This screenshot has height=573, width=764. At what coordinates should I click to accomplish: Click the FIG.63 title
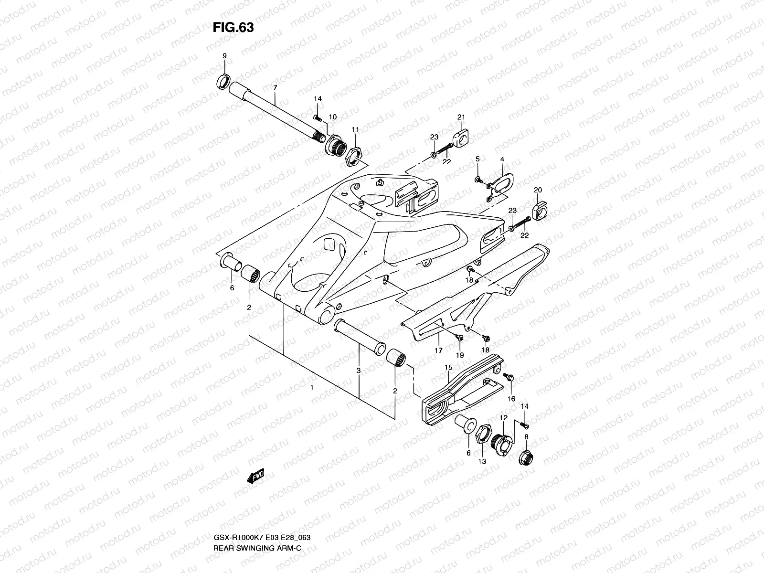(233, 28)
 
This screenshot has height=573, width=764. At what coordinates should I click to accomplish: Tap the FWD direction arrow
(255, 477)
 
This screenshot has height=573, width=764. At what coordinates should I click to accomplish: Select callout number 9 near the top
(224, 56)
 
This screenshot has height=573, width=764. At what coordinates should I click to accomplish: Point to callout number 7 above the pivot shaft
(275, 87)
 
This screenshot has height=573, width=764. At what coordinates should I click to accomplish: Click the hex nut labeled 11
(353, 156)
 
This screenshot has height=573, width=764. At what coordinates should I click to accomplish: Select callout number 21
(461, 117)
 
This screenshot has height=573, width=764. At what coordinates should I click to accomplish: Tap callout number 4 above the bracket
(502, 159)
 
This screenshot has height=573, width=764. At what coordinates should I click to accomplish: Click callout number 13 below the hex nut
(483, 461)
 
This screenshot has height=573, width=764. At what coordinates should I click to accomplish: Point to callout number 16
(511, 398)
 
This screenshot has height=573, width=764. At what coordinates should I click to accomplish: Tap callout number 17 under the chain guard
(438, 350)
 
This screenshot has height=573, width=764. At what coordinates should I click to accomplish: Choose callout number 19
(460, 355)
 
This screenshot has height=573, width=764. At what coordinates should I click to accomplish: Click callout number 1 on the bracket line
(312, 388)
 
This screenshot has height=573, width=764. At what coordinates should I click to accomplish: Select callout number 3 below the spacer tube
(359, 371)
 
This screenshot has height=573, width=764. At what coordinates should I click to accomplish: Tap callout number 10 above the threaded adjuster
(333, 117)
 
